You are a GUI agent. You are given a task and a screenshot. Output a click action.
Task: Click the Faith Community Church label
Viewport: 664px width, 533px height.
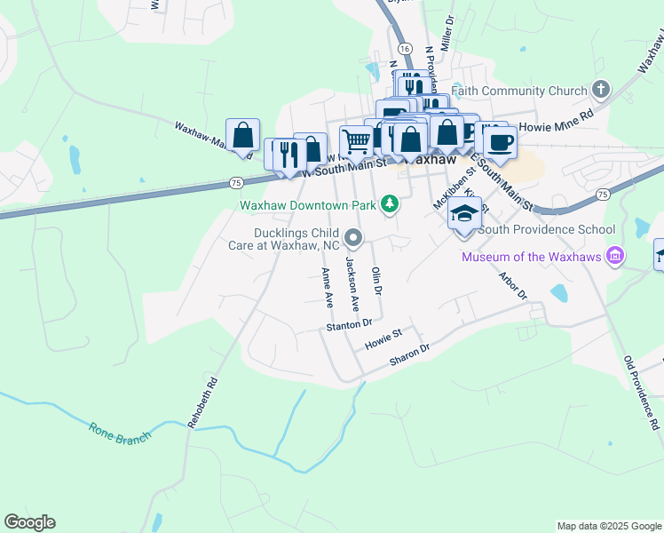point(519,91)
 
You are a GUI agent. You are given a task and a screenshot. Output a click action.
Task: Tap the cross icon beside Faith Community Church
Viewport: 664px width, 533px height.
point(601,90)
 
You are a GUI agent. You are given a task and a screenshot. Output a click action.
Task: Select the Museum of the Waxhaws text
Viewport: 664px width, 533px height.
point(530,258)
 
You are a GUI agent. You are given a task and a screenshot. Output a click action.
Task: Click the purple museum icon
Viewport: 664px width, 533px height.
point(614,258)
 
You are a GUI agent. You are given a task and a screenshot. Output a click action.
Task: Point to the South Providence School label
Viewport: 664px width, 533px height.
point(547,229)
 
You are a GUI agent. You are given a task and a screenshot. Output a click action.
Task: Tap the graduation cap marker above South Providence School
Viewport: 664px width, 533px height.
point(464,214)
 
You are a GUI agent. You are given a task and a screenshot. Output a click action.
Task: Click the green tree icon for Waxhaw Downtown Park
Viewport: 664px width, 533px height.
point(388,205)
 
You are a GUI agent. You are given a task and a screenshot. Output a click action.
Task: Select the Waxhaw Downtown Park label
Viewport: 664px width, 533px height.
point(308,205)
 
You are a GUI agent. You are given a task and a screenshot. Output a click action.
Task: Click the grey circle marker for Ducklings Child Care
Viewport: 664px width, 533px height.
point(353,237)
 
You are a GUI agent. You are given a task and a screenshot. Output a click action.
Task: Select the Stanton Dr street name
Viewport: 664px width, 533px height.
point(348,327)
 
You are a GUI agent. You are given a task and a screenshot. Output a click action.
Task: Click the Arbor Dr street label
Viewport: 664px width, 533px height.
point(513,285)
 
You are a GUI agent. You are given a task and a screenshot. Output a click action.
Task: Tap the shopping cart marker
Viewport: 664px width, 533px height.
point(356,140)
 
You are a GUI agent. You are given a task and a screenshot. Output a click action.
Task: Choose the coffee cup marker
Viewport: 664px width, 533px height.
point(500,142)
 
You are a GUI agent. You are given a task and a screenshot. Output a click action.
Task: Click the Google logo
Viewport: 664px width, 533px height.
point(29,522)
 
